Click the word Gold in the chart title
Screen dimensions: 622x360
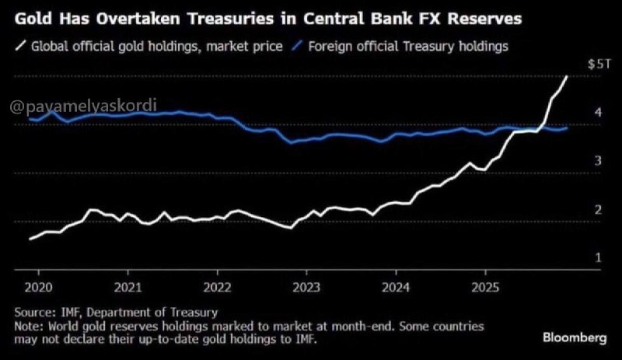click(x=33, y=19)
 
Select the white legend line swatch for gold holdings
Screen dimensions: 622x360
click(x=20, y=46)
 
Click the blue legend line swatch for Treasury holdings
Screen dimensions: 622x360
click(x=297, y=46)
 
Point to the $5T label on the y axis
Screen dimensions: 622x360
click(x=599, y=65)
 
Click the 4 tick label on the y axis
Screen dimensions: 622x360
click(x=598, y=112)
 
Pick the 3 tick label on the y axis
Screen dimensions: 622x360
click(x=598, y=161)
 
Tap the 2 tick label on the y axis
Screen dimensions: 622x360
click(x=598, y=210)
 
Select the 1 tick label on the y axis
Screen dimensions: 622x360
click(x=598, y=258)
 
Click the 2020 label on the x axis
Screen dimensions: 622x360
click(x=38, y=288)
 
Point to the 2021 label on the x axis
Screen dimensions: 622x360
click(x=128, y=288)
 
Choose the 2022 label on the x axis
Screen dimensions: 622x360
click(x=218, y=288)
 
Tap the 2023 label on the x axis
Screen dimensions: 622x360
click(x=306, y=288)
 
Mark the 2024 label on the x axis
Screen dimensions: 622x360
click(x=396, y=288)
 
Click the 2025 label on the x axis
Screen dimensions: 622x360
click(x=485, y=288)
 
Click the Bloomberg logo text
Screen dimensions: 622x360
click(x=575, y=337)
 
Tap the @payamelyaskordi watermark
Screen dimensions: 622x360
click(x=83, y=106)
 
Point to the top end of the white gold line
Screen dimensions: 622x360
click(x=567, y=77)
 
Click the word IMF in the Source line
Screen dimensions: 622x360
click(x=72, y=313)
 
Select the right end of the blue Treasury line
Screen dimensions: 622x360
click(x=567, y=128)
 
